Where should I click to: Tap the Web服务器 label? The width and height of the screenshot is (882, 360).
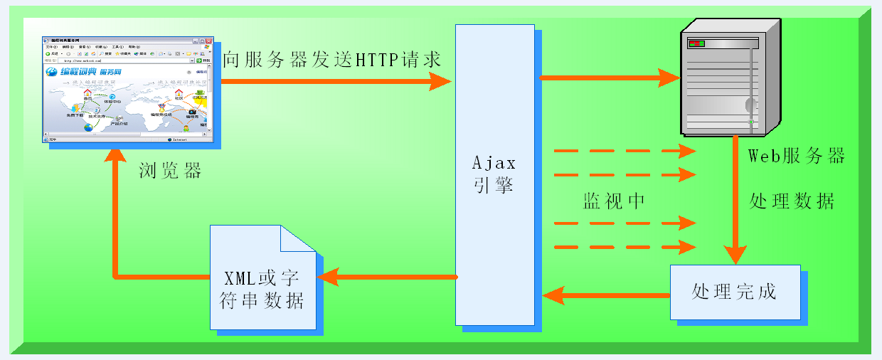797,157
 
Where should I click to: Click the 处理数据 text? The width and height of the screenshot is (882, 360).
792,201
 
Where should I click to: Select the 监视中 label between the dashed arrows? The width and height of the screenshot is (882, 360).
614,201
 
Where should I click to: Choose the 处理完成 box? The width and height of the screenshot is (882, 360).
735,292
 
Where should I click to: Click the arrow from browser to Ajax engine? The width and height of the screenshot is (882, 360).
334,82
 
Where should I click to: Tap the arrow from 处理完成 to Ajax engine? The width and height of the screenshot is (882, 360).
605,294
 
